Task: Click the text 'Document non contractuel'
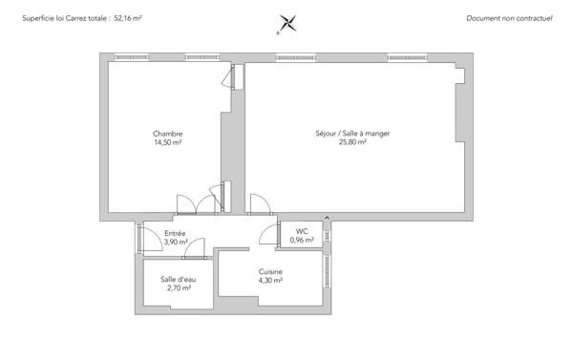point(510,18)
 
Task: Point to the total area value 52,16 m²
point(128,18)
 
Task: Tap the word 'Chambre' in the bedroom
point(167,134)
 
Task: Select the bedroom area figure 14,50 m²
point(167,142)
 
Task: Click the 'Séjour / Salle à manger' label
point(353,134)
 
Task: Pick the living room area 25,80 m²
point(353,142)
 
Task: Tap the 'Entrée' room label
point(175,234)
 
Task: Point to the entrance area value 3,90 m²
point(175,243)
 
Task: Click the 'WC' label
point(302,231)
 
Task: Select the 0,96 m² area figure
point(302,241)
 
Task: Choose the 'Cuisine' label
point(270,272)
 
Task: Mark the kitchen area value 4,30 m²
point(270,281)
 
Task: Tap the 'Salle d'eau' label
point(176,278)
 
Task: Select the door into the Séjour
point(258,204)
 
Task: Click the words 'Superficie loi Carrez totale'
point(61,18)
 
